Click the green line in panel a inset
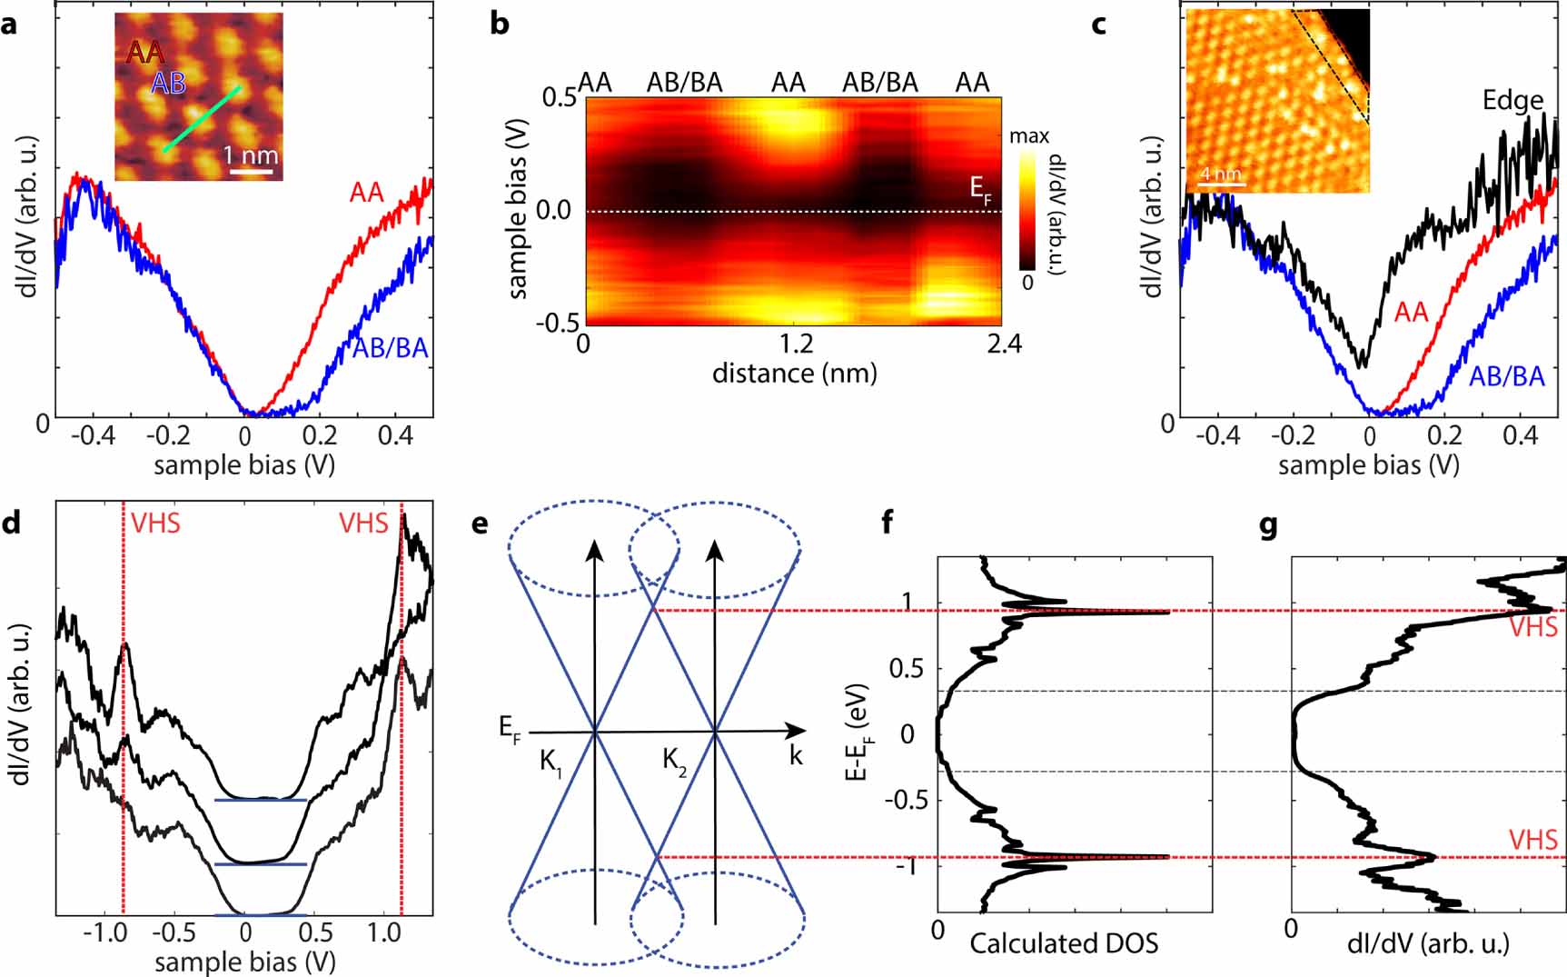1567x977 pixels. [202, 119]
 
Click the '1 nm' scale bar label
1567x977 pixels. [250, 155]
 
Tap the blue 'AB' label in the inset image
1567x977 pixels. [168, 84]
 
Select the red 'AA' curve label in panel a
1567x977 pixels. [366, 193]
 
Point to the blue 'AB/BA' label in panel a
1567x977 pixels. [390, 348]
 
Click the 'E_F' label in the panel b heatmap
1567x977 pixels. [980, 190]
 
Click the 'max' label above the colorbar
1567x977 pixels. [1029, 136]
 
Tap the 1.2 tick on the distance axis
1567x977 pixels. [796, 344]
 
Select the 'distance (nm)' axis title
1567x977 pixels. [794, 373]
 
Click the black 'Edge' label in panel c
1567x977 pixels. [1512, 100]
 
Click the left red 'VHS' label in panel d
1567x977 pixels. [155, 523]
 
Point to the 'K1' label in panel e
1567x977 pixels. [551, 762]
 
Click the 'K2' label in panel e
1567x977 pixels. [674, 762]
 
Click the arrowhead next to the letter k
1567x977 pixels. [796, 731]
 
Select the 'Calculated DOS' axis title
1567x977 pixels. [1064, 943]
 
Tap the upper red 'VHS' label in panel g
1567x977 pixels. [1532, 627]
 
